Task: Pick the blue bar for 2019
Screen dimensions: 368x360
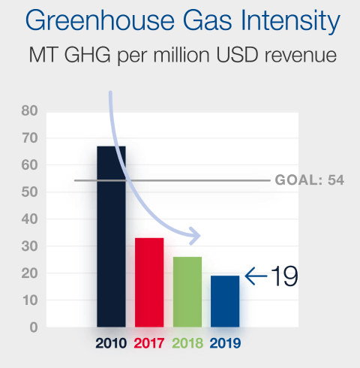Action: click(225, 301)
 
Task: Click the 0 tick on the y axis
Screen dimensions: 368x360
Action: click(32, 327)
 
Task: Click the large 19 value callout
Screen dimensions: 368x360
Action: click(284, 276)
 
